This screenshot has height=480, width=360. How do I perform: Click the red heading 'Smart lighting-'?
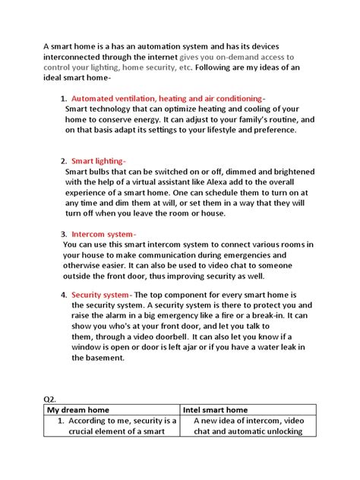coord(99,161)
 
